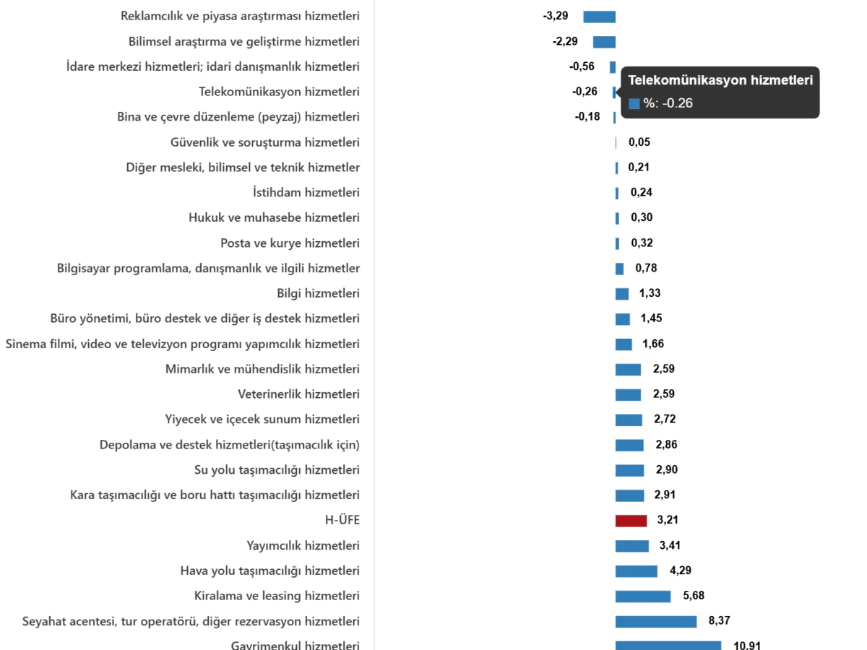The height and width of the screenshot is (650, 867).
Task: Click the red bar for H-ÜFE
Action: pos(629,521)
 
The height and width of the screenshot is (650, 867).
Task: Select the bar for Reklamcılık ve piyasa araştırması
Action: pos(600,16)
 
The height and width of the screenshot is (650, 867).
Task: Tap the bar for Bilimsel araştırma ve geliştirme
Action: pos(604,42)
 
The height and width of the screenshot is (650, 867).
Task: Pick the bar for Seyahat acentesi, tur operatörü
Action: pos(656,621)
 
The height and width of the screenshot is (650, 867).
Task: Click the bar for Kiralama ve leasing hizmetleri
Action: pos(643,597)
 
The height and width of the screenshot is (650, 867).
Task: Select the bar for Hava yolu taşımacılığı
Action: pos(635,570)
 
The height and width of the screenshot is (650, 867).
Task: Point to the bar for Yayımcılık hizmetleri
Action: pos(632,545)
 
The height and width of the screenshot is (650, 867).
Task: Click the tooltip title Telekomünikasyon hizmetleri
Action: pos(720,80)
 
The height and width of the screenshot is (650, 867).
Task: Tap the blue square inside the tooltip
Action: pos(634,103)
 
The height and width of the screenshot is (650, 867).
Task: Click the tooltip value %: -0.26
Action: pos(668,103)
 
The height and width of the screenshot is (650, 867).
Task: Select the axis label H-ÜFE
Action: pos(344,520)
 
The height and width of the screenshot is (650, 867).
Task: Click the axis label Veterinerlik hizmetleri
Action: pos(300,394)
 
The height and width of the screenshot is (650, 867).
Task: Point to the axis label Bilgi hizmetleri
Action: pos(317,293)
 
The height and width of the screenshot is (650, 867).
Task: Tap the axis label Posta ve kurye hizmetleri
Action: pos(291,243)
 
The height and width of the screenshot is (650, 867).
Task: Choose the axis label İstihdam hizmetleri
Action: pos(306,193)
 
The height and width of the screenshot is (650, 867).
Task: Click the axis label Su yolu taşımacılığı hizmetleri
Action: pos(277,470)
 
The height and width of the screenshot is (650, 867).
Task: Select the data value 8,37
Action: pos(719,621)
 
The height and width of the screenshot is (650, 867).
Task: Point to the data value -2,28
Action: pos(562,42)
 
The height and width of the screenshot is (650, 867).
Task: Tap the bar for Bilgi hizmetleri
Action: pos(621,293)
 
